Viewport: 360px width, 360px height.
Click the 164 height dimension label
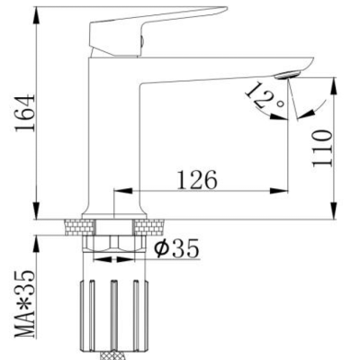[x=25, y=113]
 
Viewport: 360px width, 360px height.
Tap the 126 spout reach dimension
[x=197, y=180]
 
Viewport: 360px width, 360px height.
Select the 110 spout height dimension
[x=322, y=148]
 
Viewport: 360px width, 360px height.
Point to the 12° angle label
[x=264, y=96]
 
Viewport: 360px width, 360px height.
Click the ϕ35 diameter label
[x=176, y=248]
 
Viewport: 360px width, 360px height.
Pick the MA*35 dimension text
[x=25, y=303]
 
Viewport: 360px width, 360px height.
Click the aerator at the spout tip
[x=288, y=74]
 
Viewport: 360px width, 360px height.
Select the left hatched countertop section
[x=79, y=227]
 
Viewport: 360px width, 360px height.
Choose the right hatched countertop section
[x=149, y=227]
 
